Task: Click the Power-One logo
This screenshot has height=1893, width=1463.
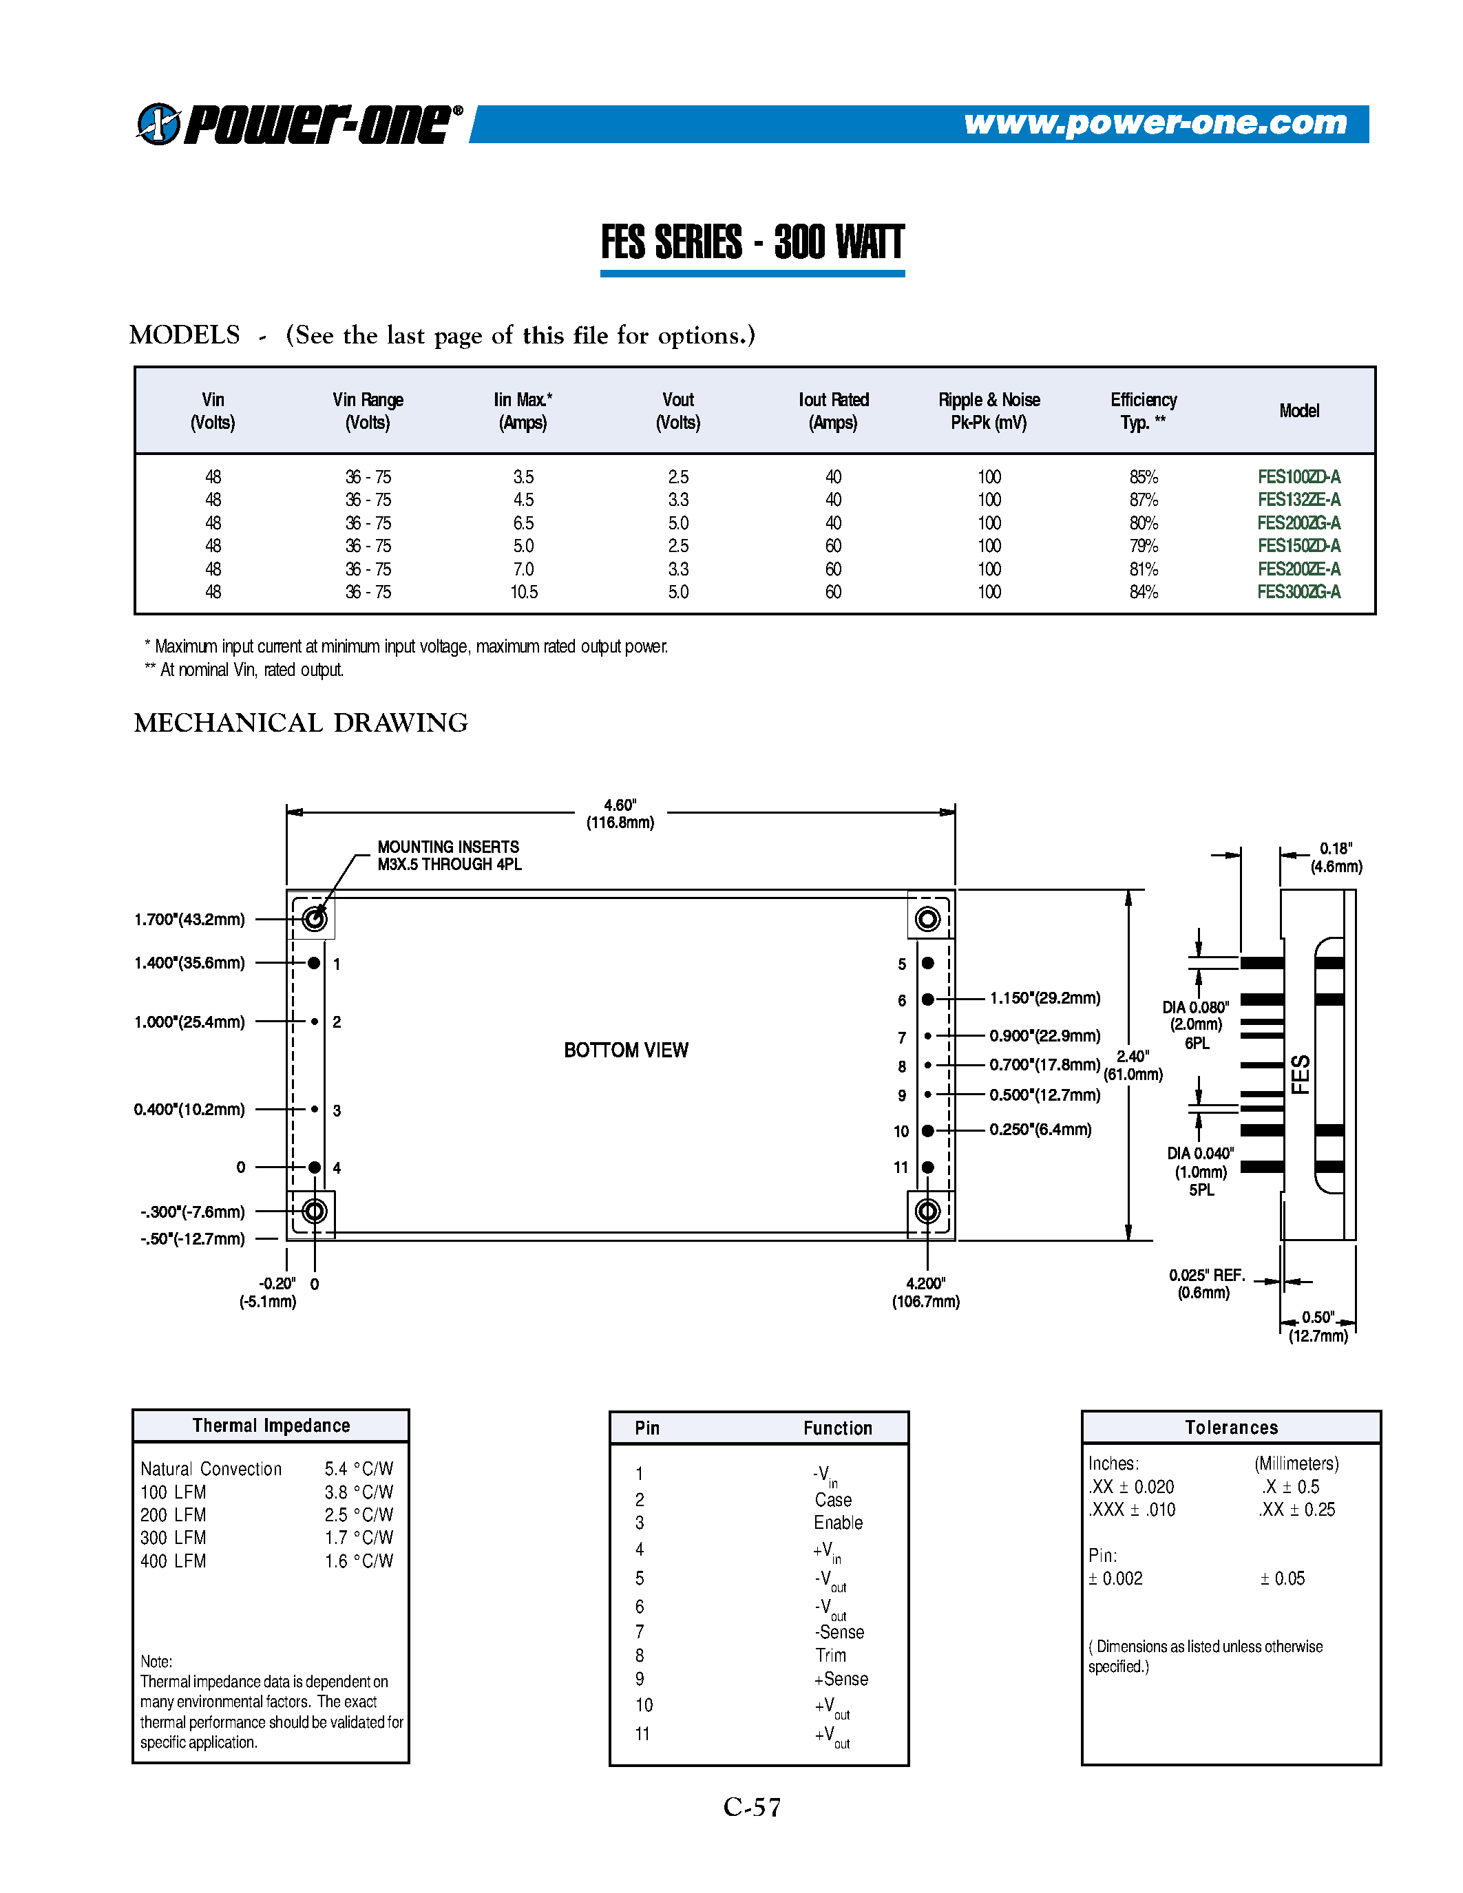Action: click(298, 124)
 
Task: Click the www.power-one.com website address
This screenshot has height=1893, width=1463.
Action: click(1155, 123)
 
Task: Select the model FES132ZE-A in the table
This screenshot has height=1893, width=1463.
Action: click(1298, 500)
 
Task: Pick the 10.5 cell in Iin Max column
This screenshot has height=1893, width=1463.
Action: click(523, 592)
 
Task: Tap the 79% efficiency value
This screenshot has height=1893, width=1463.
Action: click(1143, 546)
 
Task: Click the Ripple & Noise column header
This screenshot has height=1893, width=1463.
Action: click(988, 411)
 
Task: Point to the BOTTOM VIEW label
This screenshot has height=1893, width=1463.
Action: click(626, 1050)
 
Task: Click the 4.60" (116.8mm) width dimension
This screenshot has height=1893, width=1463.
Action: click(620, 814)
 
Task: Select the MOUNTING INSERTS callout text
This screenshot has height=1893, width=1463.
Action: click(449, 856)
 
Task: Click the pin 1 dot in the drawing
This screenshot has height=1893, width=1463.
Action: click(314, 963)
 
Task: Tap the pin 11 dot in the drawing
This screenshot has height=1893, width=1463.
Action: click(927, 1167)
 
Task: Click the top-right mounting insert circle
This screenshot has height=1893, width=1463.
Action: click(927, 919)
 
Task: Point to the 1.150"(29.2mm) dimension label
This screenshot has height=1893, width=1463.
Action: click(1044, 999)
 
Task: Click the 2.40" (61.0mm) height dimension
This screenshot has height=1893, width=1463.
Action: click(1133, 1066)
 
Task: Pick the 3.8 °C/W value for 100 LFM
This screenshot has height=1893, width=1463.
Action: click(359, 1492)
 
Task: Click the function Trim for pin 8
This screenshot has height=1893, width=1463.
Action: click(830, 1656)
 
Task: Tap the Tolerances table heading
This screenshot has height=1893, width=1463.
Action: click(1231, 1428)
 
